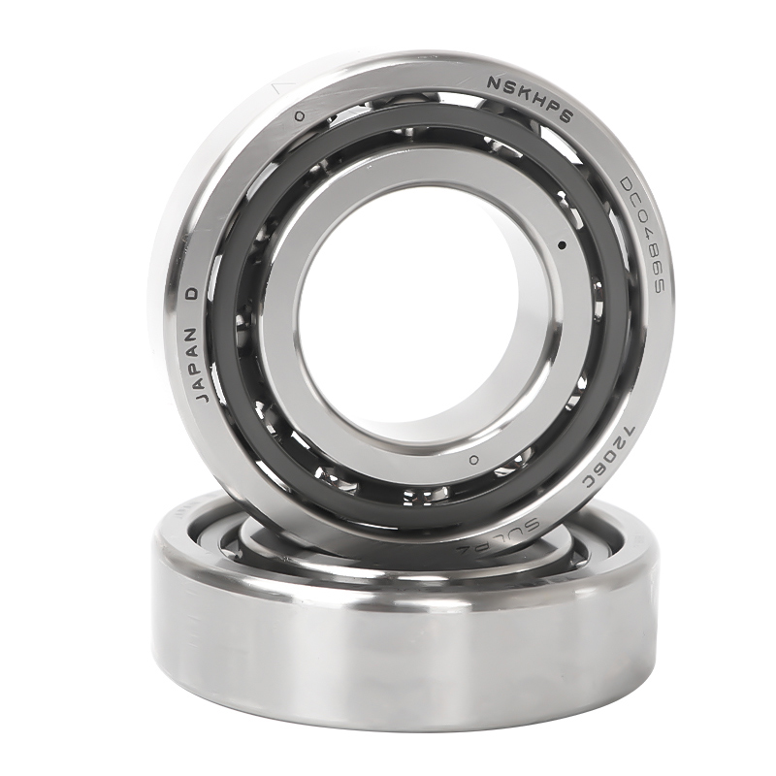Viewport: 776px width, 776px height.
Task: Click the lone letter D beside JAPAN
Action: (x=193, y=292)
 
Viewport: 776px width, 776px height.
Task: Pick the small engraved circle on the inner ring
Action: (x=473, y=459)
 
